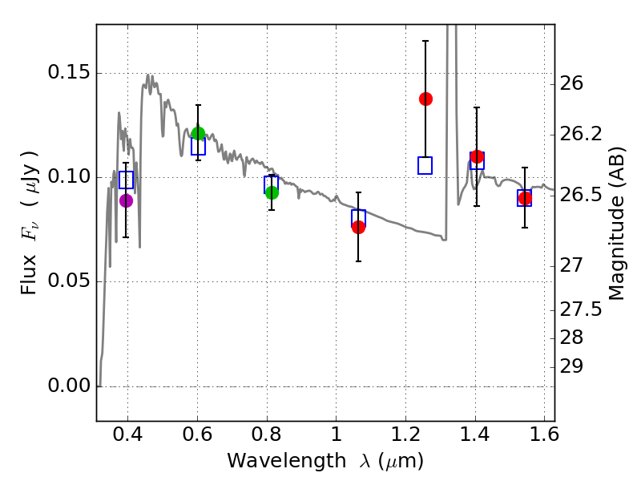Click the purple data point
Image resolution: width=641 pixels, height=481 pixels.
pos(126,200)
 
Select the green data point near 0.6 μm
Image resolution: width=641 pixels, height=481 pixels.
pos(198,133)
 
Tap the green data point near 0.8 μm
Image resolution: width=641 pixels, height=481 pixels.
pos(272,192)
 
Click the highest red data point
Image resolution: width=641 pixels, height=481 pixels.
pos(425,99)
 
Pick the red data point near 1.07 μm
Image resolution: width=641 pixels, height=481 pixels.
pos(358,227)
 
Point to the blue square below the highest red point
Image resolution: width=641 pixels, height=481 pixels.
pos(425,165)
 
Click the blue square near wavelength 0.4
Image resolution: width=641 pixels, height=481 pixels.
pos(126,180)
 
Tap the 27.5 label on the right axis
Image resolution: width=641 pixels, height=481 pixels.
pos(583,309)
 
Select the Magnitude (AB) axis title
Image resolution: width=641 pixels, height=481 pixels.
pos(616,222)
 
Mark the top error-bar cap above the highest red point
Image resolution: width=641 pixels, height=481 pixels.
pos(425,40)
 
